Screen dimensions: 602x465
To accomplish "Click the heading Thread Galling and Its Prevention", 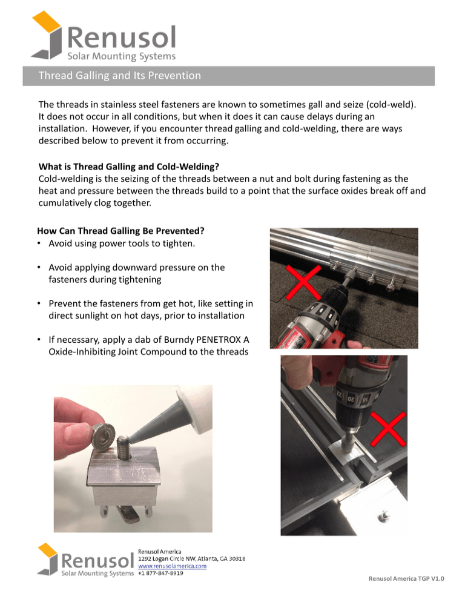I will tap(119, 76).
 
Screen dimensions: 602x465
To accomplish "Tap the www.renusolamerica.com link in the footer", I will tap(173, 566).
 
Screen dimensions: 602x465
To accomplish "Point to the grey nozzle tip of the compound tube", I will tap(136, 434).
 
